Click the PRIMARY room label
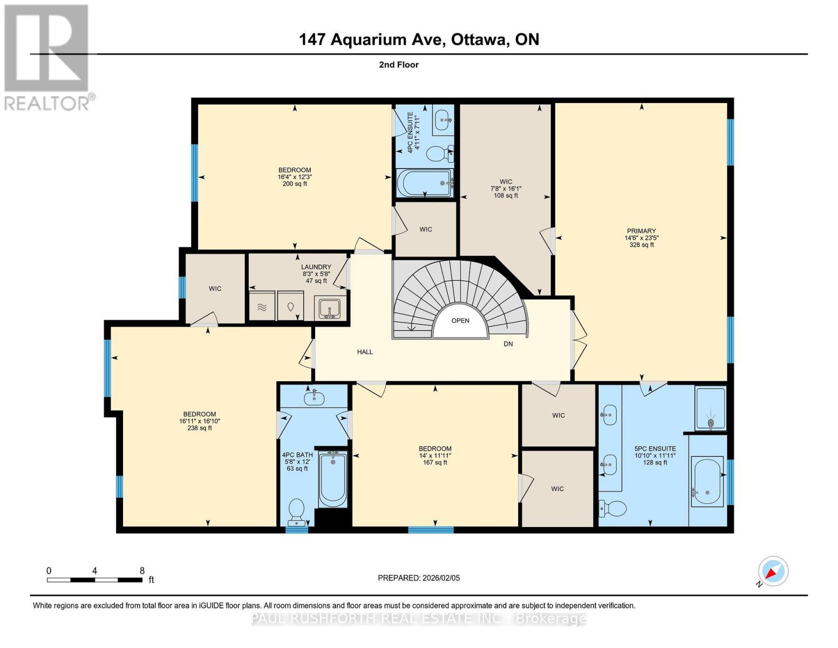click(641, 231)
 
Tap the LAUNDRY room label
click(316, 267)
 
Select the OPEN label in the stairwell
click(460, 321)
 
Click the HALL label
click(365, 352)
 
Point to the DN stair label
click(508, 344)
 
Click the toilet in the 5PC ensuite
click(612, 508)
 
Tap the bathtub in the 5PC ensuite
click(707, 482)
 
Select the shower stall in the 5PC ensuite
click(711, 408)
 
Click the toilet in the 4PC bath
click(296, 511)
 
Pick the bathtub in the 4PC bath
click(332, 478)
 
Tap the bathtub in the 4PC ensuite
click(425, 184)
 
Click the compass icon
click(773, 571)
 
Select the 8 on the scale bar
click(142, 571)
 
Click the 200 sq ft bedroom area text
click(295, 184)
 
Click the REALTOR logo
click(47, 57)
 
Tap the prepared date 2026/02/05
click(440, 578)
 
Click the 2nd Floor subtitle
click(399, 65)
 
